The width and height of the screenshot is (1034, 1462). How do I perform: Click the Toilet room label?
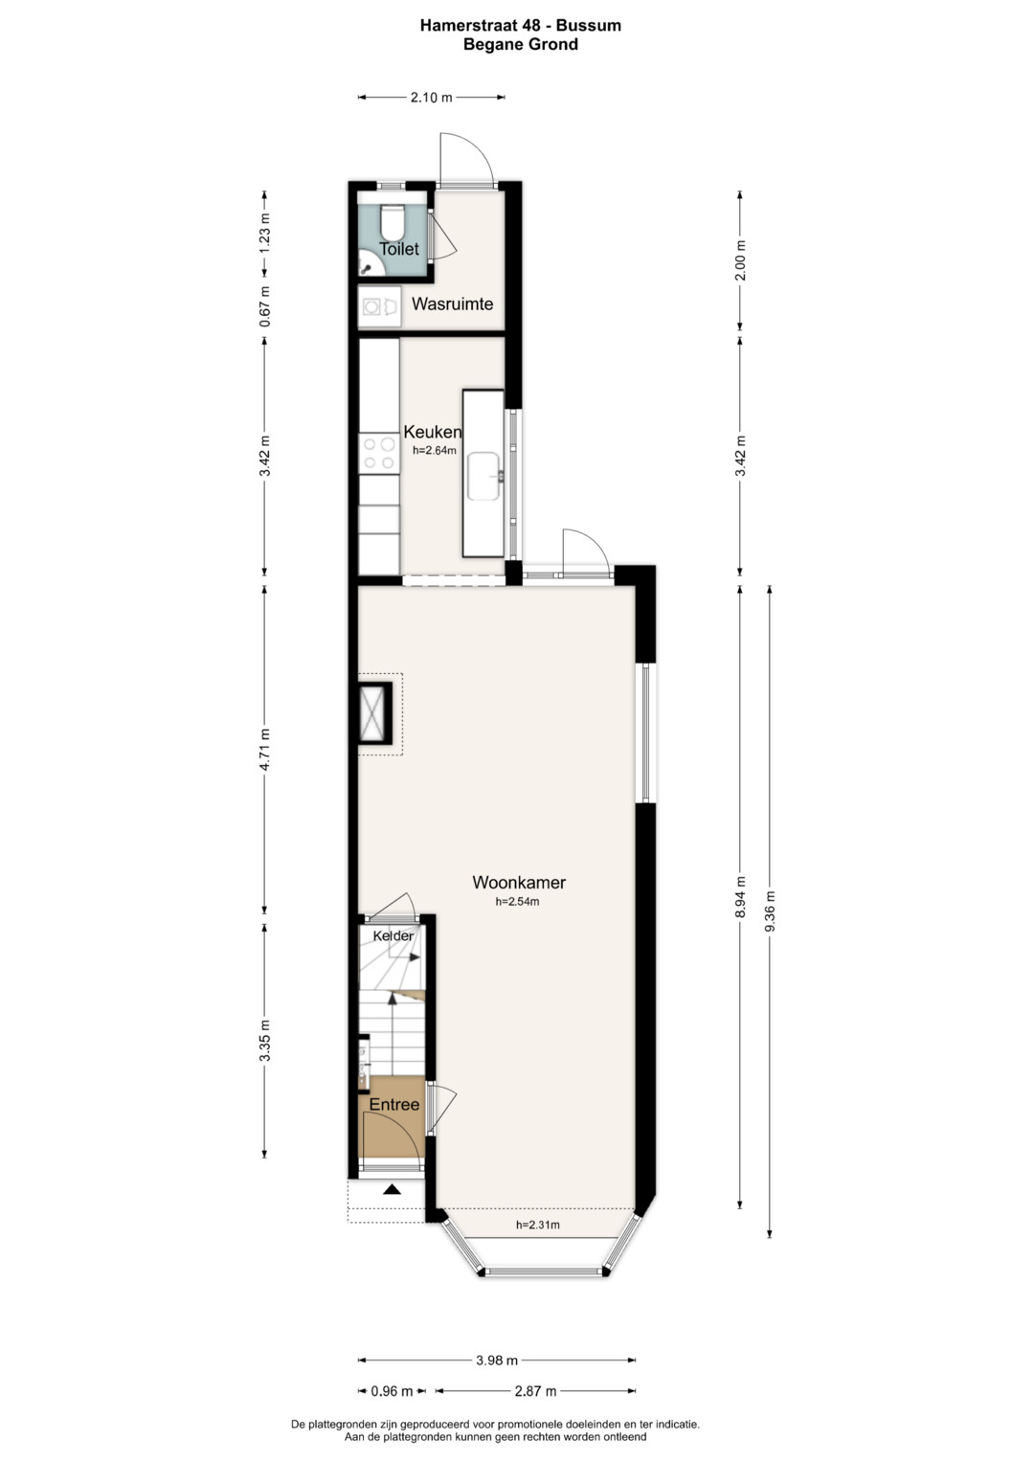[399, 249]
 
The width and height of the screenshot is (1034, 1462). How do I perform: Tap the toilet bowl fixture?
[393, 222]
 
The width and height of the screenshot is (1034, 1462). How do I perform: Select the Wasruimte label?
[452, 304]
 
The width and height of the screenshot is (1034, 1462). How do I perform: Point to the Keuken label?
[433, 432]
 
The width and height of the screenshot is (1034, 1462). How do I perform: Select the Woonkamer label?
[519, 883]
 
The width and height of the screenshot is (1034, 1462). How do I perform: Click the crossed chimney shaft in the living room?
[374, 713]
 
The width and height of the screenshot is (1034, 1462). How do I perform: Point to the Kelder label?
[393, 936]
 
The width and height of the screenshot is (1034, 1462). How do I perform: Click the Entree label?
[394, 1104]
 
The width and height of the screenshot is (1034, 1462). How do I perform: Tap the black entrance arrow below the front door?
[392, 1188]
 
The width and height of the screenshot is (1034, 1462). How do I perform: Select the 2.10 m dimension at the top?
[432, 98]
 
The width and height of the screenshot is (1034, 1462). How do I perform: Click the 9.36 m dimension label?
[770, 911]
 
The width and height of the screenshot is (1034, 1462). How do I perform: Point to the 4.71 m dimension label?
[264, 750]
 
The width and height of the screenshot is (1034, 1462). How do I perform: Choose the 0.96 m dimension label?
[392, 1391]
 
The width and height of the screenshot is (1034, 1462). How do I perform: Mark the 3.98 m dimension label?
[497, 1361]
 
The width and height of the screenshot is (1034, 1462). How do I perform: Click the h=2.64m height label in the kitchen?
[435, 450]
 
